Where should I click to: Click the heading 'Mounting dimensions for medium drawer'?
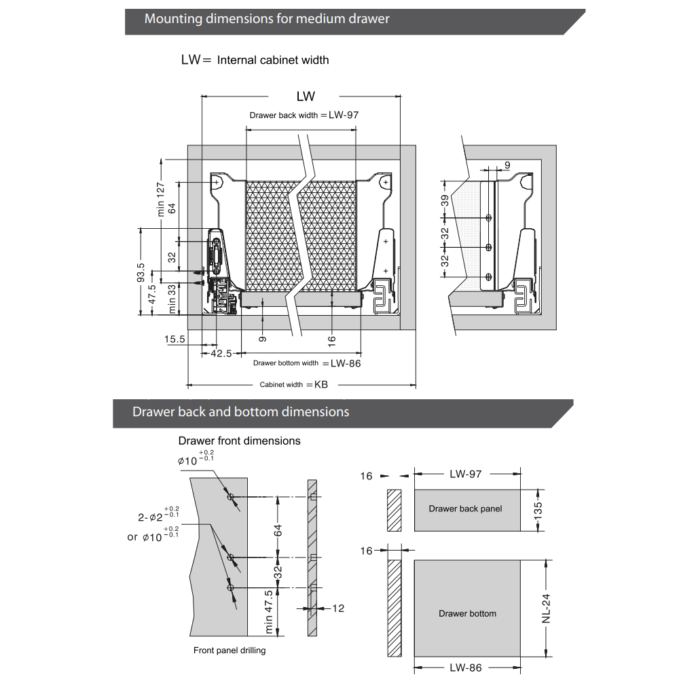click(267, 19)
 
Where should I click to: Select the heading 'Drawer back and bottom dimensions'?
click(240, 411)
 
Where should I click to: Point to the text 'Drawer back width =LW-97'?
click(304, 115)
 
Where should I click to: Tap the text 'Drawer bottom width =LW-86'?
click(307, 363)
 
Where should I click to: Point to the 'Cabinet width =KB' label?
click(293, 384)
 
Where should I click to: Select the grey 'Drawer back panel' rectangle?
click(466, 509)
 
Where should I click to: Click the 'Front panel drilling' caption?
click(230, 650)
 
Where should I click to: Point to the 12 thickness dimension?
click(337, 608)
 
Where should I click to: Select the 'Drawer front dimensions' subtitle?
click(239, 441)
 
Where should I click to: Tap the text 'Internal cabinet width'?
click(273, 60)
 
